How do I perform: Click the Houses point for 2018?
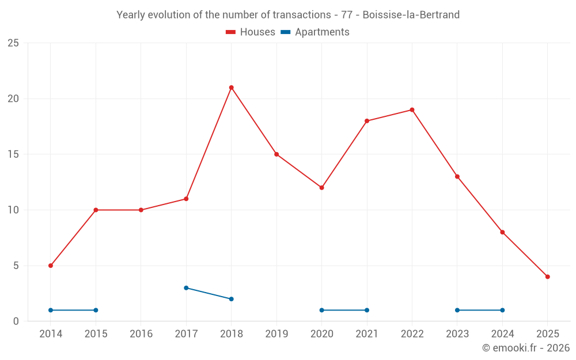[231, 88]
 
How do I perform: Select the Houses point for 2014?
[51, 266]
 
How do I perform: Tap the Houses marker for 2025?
[547, 276]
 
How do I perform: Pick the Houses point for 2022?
[412, 110]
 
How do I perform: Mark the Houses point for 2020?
[321, 188]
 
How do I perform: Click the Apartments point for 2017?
[186, 288]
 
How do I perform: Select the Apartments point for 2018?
[231, 299]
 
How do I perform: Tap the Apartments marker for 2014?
[51, 310]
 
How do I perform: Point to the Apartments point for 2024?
[502, 310]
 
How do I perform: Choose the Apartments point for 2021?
[367, 310]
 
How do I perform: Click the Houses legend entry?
[251, 32]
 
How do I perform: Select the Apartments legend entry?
[315, 32]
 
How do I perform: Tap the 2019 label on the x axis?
[276, 334]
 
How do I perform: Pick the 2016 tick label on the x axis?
[141, 334]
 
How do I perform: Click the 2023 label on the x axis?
[457, 334]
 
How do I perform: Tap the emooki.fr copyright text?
[526, 348]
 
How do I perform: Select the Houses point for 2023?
[457, 177]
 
